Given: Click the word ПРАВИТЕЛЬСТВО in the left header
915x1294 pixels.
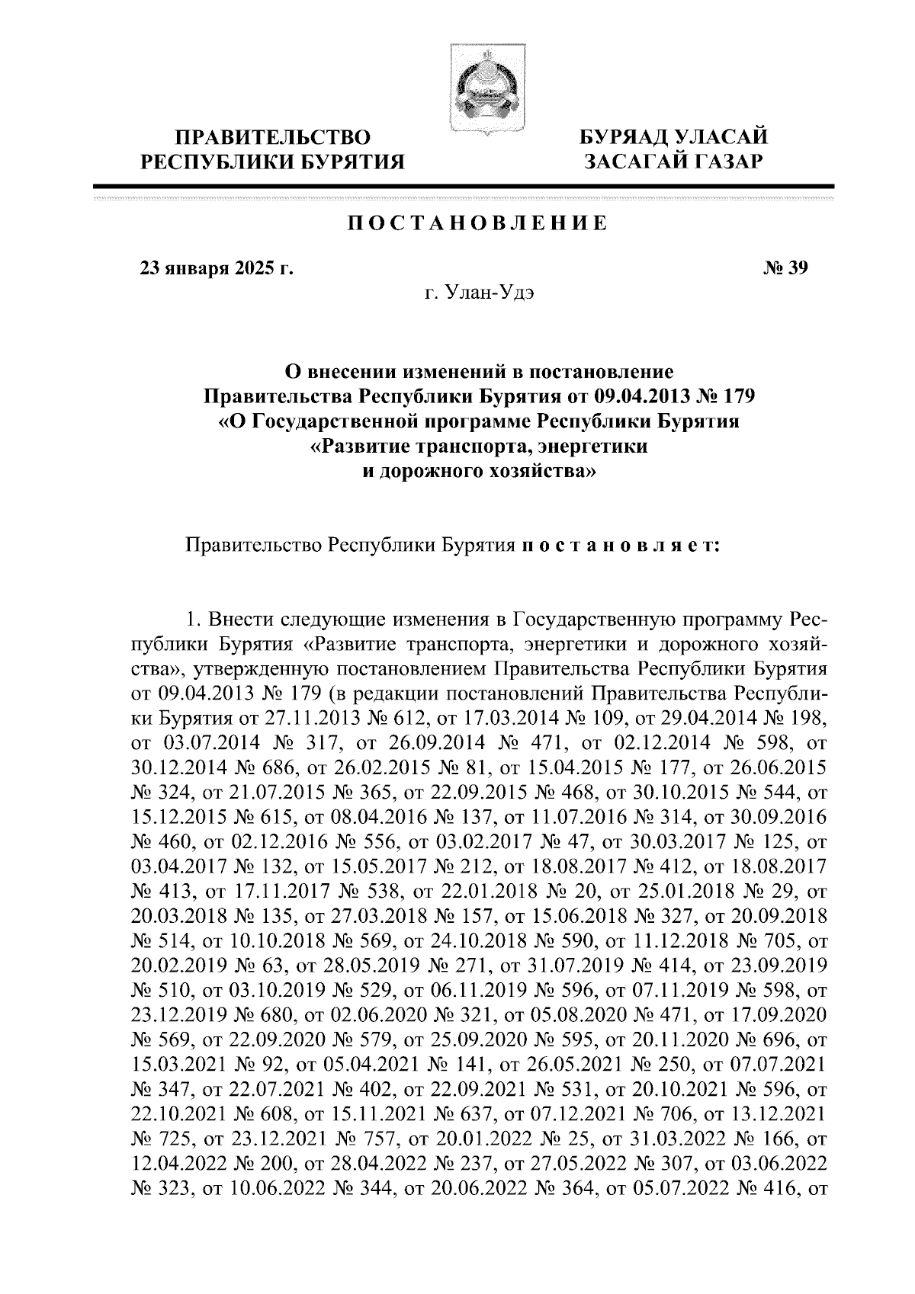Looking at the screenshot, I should click(x=274, y=138).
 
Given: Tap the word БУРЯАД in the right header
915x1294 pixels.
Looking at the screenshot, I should click(x=617, y=138).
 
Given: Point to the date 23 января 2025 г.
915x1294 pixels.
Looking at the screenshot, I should click(x=215, y=267).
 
